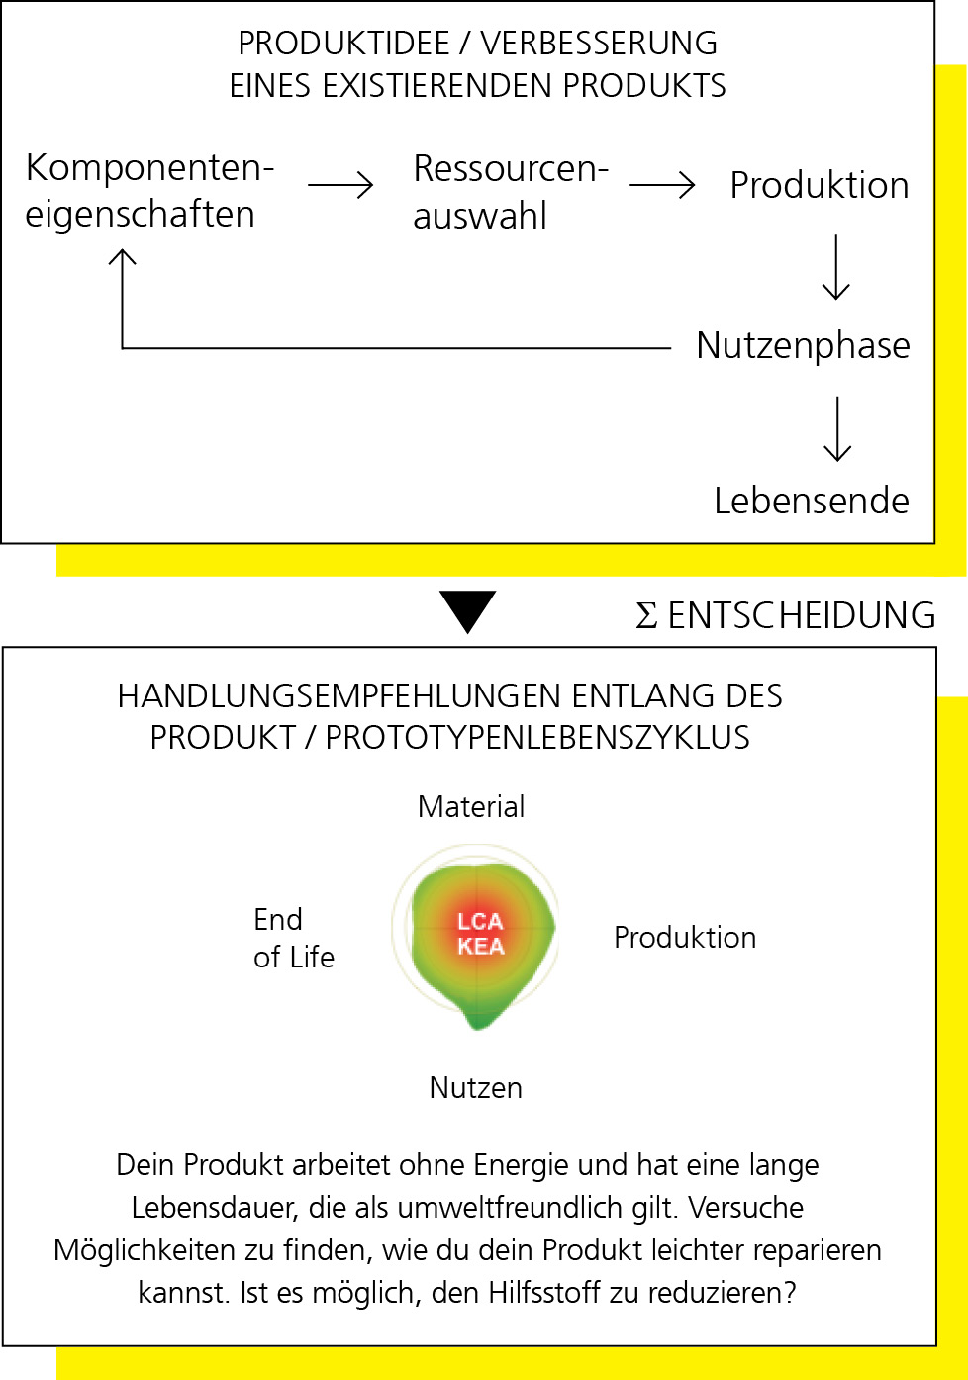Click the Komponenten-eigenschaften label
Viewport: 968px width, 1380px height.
coord(149,191)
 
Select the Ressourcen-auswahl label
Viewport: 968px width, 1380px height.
coord(511,192)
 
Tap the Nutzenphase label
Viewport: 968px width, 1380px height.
coord(803,346)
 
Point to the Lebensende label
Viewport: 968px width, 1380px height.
coord(812,501)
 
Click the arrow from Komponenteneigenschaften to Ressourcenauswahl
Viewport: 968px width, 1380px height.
coord(340,185)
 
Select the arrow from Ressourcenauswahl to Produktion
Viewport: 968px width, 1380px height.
coord(662,185)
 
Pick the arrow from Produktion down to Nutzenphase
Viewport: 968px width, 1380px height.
coord(836,267)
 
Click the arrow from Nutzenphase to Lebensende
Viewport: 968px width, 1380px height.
coord(837,428)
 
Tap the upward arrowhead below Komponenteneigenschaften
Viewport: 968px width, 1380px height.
coord(122,256)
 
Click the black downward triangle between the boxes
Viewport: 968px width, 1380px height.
coord(467,611)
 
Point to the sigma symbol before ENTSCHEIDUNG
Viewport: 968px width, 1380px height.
coord(646,615)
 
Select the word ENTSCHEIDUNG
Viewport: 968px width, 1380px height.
coord(802,615)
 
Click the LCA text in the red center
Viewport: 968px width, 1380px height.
coord(480,922)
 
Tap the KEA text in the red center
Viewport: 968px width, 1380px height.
coord(481,946)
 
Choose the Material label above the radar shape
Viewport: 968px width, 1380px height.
coord(471,806)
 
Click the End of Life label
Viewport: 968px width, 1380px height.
coord(294,938)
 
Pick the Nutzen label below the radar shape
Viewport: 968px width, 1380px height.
coord(475,1087)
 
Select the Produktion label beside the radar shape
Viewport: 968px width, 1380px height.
coord(685,937)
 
